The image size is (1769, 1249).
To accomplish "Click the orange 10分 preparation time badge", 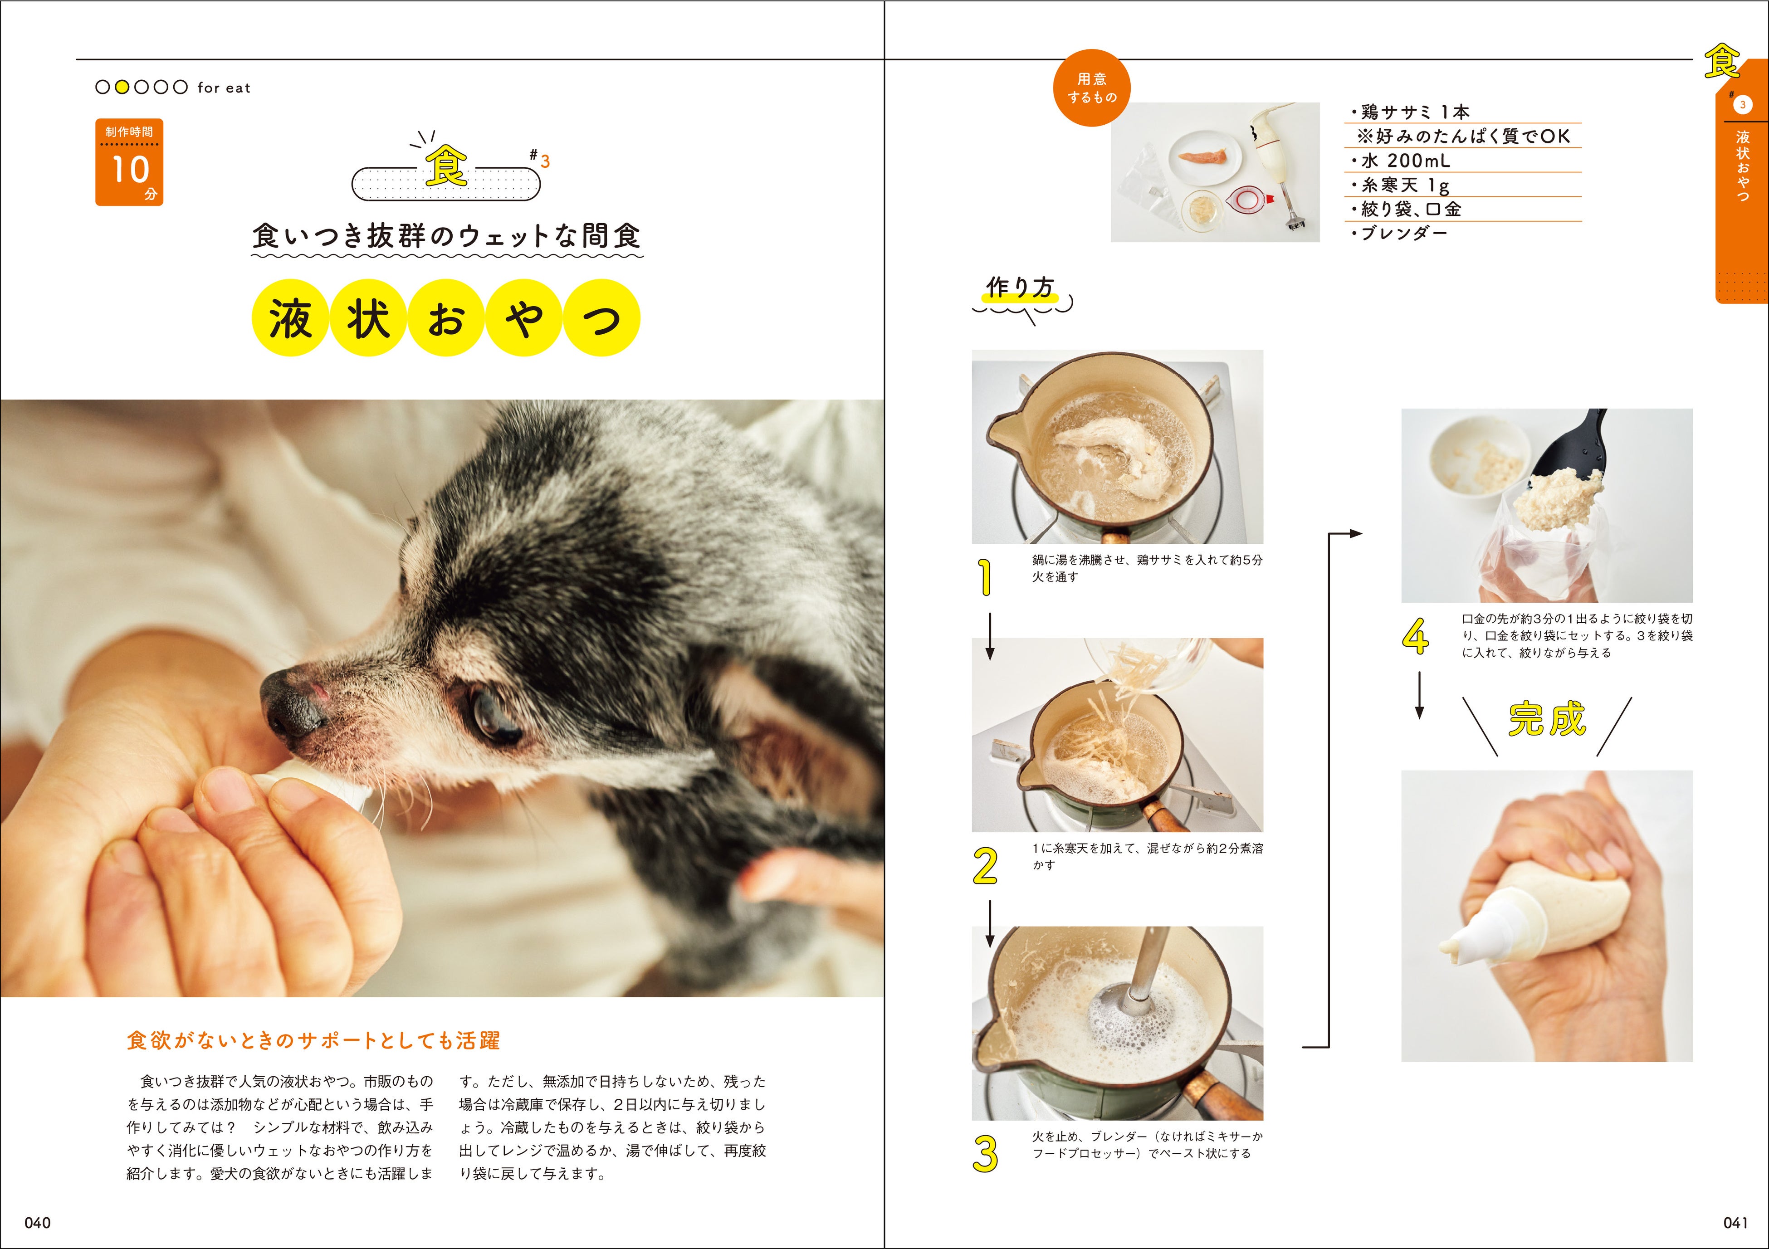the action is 129,162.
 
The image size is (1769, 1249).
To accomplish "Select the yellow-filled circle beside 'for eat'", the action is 122,87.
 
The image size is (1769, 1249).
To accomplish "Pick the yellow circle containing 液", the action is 290,317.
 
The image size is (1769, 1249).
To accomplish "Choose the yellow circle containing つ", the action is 602,317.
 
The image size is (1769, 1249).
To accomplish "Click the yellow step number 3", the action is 986,1153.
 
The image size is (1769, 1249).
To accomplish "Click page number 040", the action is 38,1223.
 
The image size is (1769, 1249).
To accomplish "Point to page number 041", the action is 1735,1223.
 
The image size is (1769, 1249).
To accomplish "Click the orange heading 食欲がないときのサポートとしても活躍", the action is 313,1040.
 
